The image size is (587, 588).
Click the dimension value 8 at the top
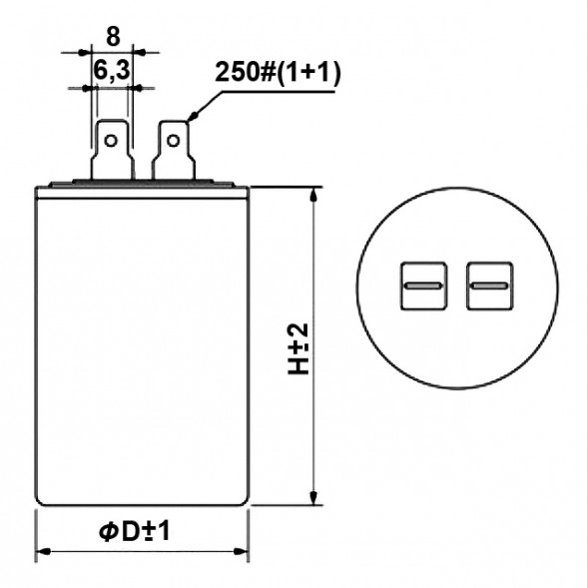click(x=112, y=37)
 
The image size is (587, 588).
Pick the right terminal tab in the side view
click(x=174, y=151)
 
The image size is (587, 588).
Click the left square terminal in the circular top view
click(x=423, y=287)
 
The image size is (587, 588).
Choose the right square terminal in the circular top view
click(x=488, y=287)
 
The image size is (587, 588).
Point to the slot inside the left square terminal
click(x=423, y=288)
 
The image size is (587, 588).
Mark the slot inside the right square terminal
click(x=488, y=288)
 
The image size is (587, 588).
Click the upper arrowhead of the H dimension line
click(x=315, y=195)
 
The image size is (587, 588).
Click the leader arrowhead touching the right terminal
click(x=190, y=124)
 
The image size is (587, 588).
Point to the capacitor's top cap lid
click(x=142, y=186)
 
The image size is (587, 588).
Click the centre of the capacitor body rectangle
click(x=142, y=344)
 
